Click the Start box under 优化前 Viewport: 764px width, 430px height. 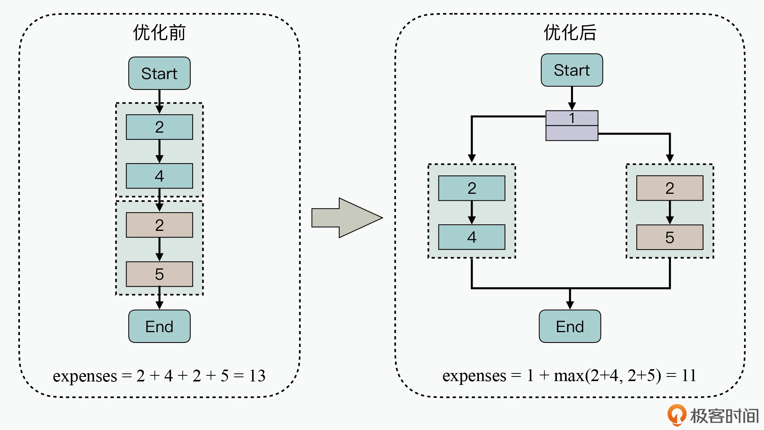[x=159, y=73]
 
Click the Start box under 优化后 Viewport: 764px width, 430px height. [x=571, y=70]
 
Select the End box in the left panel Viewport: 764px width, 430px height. [x=159, y=326]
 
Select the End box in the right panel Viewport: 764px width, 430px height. [x=570, y=326]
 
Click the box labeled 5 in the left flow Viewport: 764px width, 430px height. [x=159, y=274]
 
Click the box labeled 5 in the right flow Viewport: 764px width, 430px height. [x=669, y=237]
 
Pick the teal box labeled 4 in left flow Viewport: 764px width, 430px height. [x=159, y=176]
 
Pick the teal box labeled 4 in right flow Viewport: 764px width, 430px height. [x=471, y=237]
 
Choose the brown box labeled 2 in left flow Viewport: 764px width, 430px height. [x=159, y=225]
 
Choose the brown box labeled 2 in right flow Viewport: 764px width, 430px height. [x=669, y=188]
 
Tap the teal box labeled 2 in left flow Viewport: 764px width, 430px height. [x=159, y=127]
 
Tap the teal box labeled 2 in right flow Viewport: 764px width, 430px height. [x=471, y=188]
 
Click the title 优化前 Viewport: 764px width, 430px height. [x=159, y=32]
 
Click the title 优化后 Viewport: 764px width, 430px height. [x=570, y=32]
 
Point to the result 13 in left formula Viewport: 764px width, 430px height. [x=257, y=376]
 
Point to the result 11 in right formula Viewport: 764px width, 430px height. [x=689, y=376]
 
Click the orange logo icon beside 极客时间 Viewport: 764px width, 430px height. [x=677, y=415]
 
